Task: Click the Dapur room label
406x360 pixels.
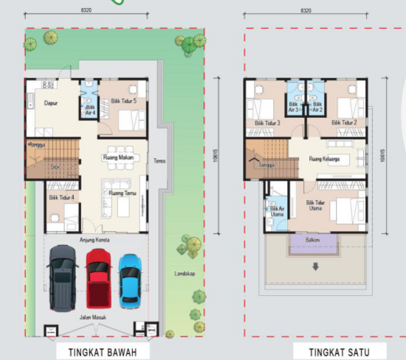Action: (x=51, y=104)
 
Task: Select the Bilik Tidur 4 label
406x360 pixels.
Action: (x=62, y=198)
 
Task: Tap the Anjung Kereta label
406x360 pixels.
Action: (x=93, y=240)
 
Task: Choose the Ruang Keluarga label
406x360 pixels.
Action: (x=325, y=159)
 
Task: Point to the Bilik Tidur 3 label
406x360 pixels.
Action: (x=267, y=122)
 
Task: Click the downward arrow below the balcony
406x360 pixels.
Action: (x=316, y=266)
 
